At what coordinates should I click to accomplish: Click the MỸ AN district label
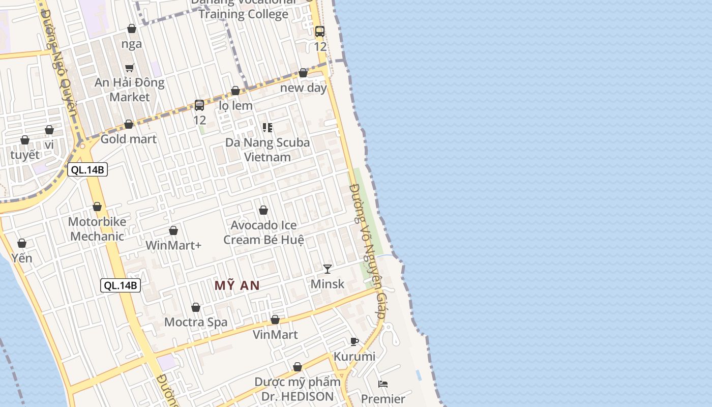(x=237, y=285)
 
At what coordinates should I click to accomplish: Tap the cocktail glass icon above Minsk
(x=328, y=269)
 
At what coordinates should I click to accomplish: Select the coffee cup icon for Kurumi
(x=354, y=341)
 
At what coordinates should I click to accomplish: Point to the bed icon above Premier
(x=383, y=384)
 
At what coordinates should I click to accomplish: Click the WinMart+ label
(x=173, y=245)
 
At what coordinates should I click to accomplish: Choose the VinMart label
(x=275, y=334)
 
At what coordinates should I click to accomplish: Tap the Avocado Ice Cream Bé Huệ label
(x=263, y=232)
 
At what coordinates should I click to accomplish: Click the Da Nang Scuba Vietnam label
(x=268, y=150)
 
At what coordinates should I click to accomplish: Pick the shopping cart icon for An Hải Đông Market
(x=130, y=68)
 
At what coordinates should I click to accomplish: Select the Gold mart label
(x=129, y=139)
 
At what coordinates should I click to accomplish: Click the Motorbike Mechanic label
(x=97, y=229)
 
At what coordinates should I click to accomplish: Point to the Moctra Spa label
(x=196, y=322)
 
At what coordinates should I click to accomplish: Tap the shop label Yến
(x=22, y=258)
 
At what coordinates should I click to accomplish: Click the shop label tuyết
(x=25, y=155)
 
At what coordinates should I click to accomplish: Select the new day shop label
(x=304, y=88)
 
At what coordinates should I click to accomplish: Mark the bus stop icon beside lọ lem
(x=199, y=105)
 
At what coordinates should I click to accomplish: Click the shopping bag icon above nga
(x=132, y=28)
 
